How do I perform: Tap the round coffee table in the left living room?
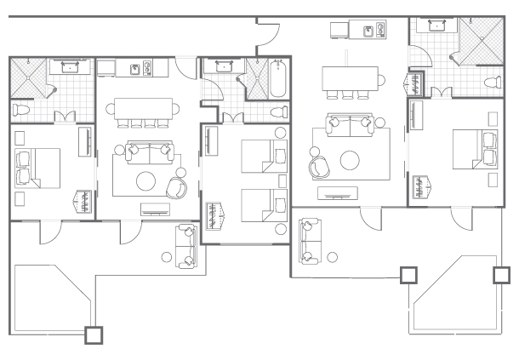click(146, 180)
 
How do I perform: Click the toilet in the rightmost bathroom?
click(491, 83)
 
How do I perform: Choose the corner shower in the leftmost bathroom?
click(26, 77)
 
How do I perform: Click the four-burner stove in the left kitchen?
click(151, 67)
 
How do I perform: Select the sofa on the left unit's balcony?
click(185, 245)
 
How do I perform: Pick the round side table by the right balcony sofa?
click(333, 256)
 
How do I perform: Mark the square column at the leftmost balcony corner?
click(94, 334)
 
